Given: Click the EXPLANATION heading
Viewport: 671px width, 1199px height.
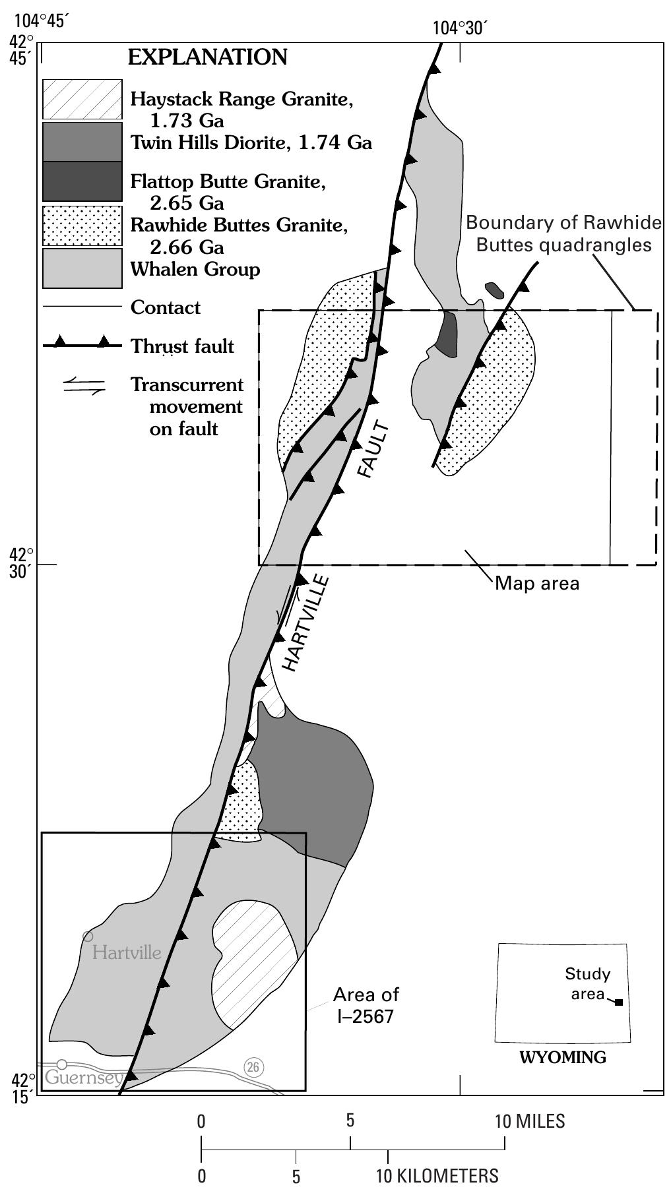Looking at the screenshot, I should [207, 57].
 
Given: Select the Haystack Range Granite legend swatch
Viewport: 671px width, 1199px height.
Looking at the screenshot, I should [82, 99].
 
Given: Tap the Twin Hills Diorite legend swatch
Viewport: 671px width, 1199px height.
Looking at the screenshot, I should [82, 142].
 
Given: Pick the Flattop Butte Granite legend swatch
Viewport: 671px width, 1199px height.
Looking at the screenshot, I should [82, 181].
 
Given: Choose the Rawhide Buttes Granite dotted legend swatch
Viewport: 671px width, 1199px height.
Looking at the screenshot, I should [82, 226].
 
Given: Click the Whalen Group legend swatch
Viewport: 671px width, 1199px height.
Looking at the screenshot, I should [82, 268].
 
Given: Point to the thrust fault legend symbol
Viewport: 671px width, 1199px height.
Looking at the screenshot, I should [82, 343].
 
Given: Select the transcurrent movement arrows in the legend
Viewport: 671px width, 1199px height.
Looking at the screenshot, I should [84, 386].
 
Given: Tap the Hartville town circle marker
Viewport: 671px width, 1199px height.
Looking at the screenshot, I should [88, 936].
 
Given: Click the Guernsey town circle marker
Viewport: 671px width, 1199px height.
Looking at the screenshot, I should [62, 1064].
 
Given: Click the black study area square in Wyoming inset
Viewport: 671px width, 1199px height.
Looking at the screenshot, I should [618, 1002].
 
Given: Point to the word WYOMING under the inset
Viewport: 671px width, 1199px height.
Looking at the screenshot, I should [563, 1057].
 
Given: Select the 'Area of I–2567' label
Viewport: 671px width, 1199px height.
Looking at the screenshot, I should [366, 1005].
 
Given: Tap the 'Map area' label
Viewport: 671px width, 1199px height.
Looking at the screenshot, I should [537, 583].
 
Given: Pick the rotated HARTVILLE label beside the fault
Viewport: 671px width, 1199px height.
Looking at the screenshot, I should [304, 623].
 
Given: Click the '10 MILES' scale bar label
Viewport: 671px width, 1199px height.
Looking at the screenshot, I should [530, 1121].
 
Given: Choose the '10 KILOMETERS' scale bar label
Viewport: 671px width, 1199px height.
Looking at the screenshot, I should [437, 1175].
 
